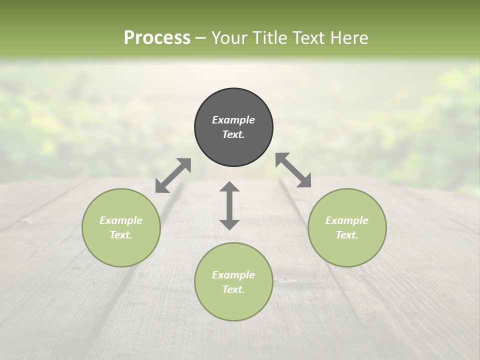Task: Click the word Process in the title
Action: [157, 38]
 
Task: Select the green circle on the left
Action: [121, 250]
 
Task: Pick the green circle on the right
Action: [347, 250]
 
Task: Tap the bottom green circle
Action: [233, 305]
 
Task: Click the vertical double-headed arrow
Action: [229, 205]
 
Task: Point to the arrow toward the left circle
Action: [173, 175]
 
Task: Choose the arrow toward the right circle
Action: [293, 170]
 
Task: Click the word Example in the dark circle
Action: [233, 120]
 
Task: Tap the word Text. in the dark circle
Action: [233, 134]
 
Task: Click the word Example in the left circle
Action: [121, 220]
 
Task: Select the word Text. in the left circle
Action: [121, 235]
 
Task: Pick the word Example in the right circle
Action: [347, 220]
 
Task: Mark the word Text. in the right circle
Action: [347, 235]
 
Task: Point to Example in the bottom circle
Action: [233, 275]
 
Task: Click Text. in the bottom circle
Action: [233, 289]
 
